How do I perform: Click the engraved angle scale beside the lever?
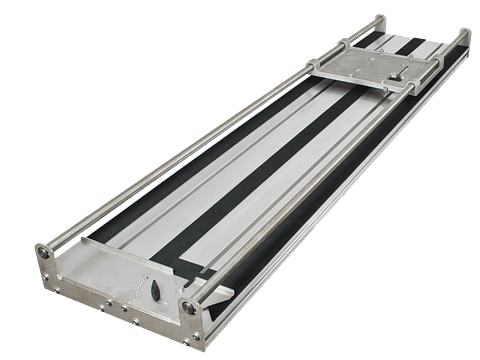pos(134,289)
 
